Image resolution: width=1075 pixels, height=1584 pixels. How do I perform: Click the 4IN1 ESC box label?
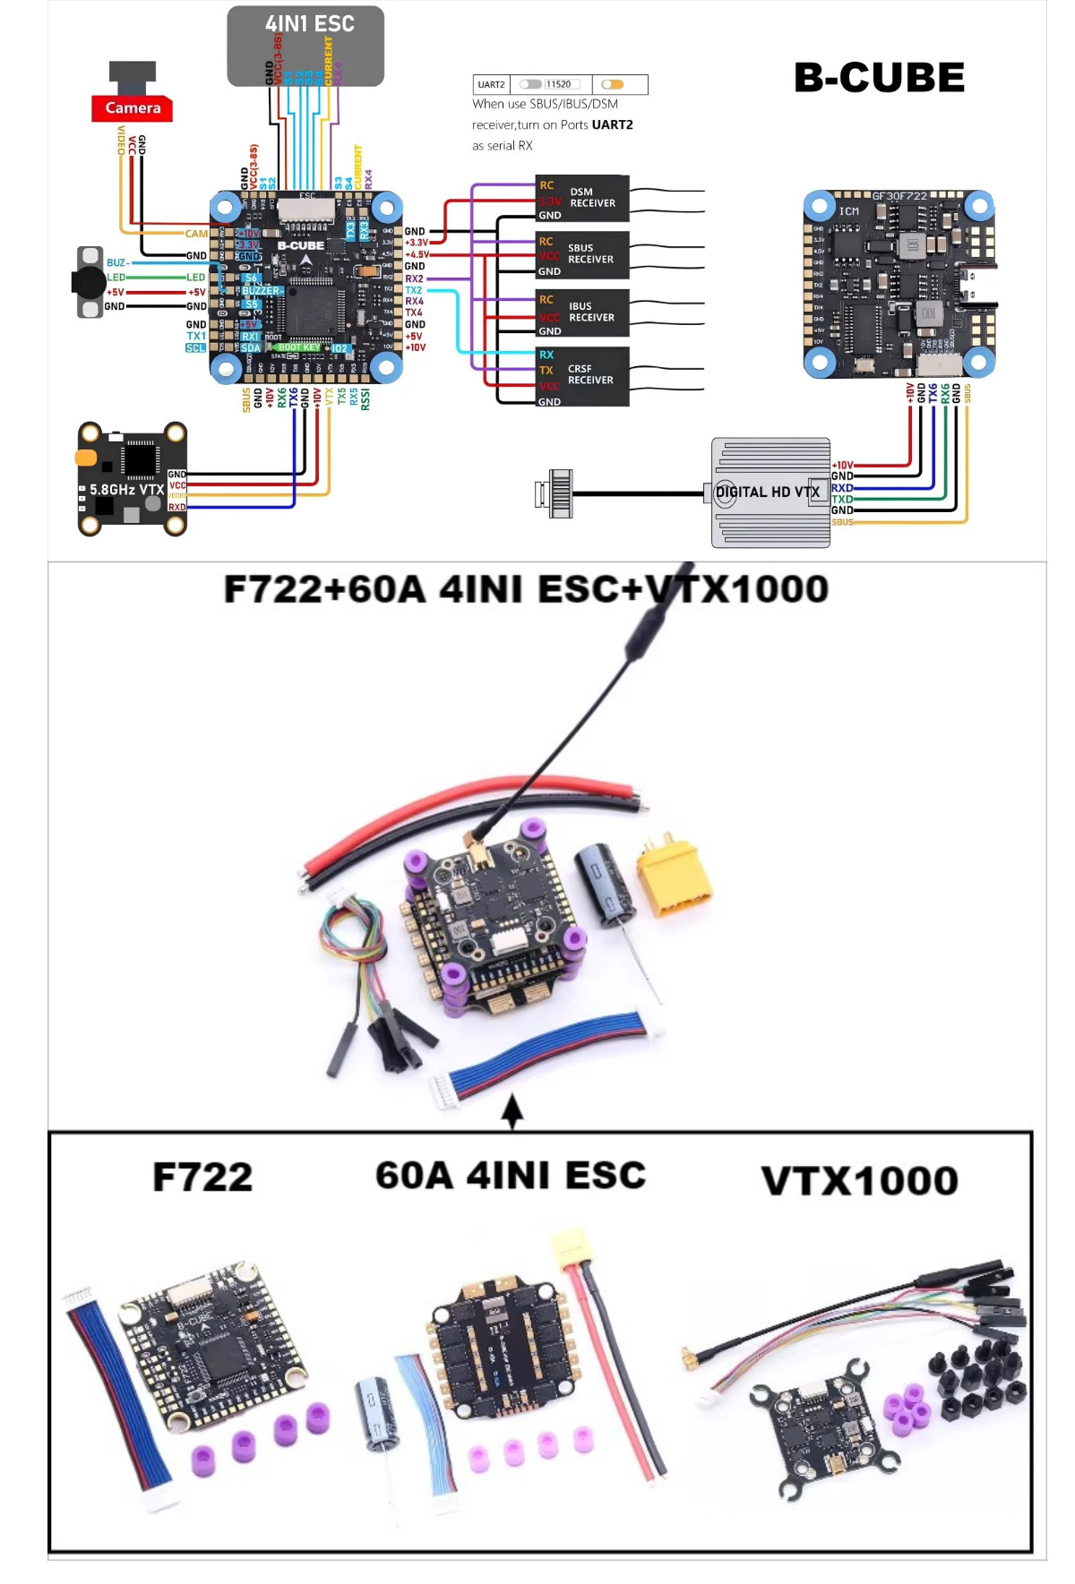pyautogui.click(x=309, y=24)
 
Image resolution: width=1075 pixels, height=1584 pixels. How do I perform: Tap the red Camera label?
pyautogui.click(x=133, y=108)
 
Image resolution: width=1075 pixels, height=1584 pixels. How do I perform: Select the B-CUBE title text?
pyautogui.click(x=879, y=78)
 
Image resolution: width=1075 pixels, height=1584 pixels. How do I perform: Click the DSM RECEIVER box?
pyautogui.click(x=582, y=198)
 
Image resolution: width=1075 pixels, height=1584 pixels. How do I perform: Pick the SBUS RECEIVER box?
pyautogui.click(x=582, y=254)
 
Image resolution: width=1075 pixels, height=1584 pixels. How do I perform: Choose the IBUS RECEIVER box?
pyautogui.click(x=582, y=313)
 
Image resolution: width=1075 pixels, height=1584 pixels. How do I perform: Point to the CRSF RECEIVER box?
pyautogui.click(x=582, y=376)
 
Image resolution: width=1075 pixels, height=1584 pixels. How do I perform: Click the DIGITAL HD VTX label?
pyautogui.click(x=768, y=492)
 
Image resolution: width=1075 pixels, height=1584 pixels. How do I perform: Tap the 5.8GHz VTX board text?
pyautogui.click(x=126, y=490)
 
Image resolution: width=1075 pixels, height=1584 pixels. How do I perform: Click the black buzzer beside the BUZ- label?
pyautogui.click(x=90, y=282)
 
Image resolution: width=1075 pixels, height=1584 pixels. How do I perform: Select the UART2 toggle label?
pyautogui.click(x=491, y=85)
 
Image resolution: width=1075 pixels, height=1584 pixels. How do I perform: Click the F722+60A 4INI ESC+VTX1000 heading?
pyautogui.click(x=526, y=589)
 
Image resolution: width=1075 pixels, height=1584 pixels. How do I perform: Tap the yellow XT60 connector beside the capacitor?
pyautogui.click(x=672, y=877)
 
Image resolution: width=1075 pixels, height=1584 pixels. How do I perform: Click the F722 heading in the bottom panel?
pyautogui.click(x=202, y=1177)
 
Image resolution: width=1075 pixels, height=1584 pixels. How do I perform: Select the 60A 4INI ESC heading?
pyautogui.click(x=511, y=1176)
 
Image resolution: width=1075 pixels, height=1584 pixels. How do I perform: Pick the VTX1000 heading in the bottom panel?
pyautogui.click(x=859, y=1181)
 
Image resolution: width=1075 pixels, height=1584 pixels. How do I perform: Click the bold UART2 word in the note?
pyautogui.click(x=612, y=125)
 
